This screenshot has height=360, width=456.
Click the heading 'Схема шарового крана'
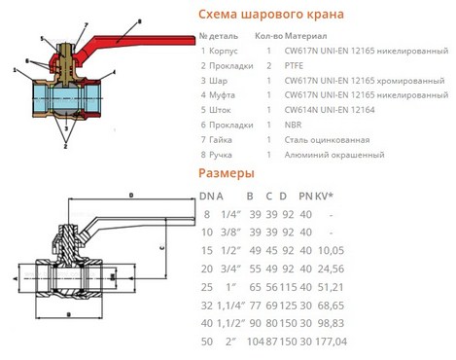271,15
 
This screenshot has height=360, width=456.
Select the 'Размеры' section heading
227,173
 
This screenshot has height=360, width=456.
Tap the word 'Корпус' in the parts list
224,52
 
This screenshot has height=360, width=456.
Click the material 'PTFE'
294,66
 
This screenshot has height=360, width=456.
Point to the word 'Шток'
220,110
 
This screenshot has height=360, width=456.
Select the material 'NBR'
293,125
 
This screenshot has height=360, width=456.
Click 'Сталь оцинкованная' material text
327,140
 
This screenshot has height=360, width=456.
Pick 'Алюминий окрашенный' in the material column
334,155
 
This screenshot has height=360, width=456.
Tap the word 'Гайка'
221,140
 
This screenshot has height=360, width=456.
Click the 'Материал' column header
305,36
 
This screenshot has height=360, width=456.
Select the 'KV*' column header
324,196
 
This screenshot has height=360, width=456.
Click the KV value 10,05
331,250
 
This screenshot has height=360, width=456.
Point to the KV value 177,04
331,342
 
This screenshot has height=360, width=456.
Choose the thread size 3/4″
231,269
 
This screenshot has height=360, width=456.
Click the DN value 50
207,342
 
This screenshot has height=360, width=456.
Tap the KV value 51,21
331,287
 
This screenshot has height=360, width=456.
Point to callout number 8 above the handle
140,21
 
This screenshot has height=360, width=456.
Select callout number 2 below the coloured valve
65,146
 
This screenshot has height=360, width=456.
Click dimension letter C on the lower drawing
162,248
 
